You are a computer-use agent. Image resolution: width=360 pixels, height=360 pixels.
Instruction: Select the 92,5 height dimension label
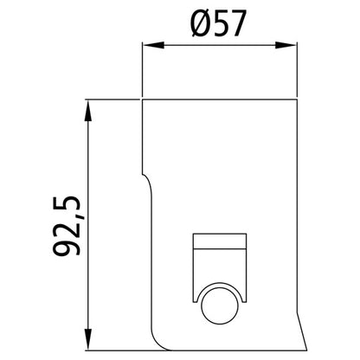click(67, 223)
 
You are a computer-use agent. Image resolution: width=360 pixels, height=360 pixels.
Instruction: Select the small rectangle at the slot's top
click(220, 241)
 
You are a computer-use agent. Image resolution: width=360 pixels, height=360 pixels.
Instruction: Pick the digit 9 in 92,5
click(67, 248)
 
